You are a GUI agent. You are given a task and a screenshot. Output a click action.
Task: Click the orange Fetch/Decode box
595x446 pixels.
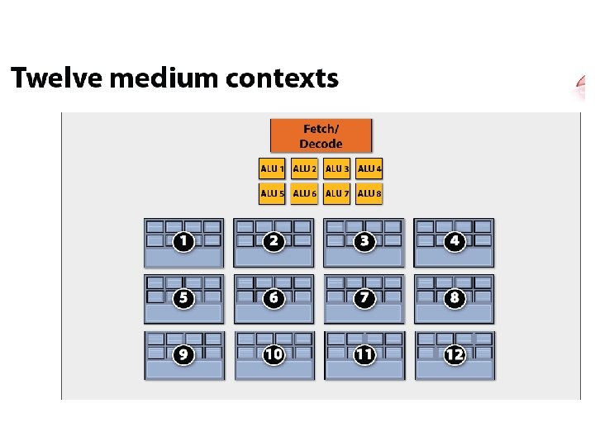tap(321, 135)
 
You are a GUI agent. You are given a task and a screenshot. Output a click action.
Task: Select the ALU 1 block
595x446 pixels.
tap(272, 168)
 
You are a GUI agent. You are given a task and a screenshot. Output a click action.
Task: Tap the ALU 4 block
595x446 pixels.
tap(369, 168)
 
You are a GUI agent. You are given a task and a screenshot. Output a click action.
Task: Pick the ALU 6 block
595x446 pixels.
tap(304, 193)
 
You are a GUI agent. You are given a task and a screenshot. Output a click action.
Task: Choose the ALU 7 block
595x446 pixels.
tap(337, 193)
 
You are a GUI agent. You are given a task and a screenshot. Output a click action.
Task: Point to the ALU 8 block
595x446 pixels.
tap(369, 193)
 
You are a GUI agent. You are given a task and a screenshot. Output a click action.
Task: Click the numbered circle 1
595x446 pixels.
tap(183, 241)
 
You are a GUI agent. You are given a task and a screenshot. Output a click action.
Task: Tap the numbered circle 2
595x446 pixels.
tap(274, 241)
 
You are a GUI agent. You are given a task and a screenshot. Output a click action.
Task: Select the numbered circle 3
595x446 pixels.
tap(364, 241)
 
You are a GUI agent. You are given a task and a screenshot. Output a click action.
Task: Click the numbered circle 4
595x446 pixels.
tap(454, 241)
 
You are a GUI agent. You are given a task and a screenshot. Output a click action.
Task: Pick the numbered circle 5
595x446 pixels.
tap(183, 297)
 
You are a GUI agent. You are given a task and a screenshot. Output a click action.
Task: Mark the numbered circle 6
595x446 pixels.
tap(274, 297)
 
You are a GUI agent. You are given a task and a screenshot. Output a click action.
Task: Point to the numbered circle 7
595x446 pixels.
tap(364, 297)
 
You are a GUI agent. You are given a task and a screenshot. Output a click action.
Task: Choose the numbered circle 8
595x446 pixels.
tap(454, 297)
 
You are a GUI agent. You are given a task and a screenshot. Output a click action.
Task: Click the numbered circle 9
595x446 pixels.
tap(183, 354)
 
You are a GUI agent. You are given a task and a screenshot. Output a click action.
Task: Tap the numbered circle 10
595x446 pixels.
tap(274, 354)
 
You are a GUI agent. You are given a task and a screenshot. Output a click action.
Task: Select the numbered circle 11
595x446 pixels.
tap(364, 354)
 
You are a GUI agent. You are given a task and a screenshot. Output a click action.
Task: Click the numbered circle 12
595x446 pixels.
tap(454, 354)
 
